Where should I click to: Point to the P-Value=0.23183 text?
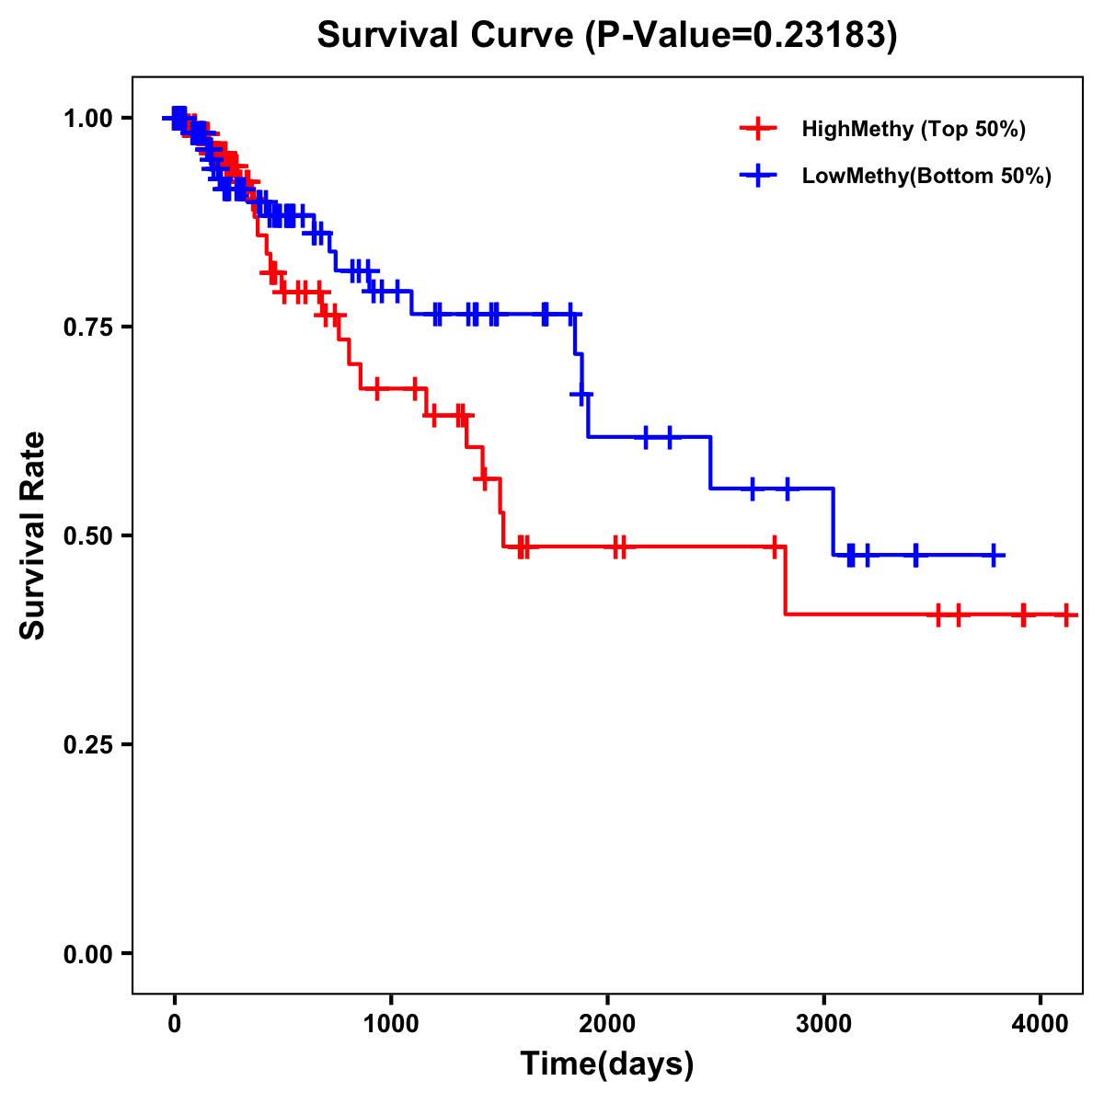click(x=743, y=36)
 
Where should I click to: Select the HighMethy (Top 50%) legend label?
click(x=914, y=129)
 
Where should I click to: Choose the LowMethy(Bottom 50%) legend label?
click(x=926, y=177)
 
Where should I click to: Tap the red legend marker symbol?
click(x=758, y=129)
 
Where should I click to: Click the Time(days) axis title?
click(x=607, y=1064)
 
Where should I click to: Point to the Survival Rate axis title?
click(x=33, y=535)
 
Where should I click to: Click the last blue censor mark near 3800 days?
click(x=994, y=556)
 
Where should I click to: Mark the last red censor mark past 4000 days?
click(x=1065, y=615)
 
